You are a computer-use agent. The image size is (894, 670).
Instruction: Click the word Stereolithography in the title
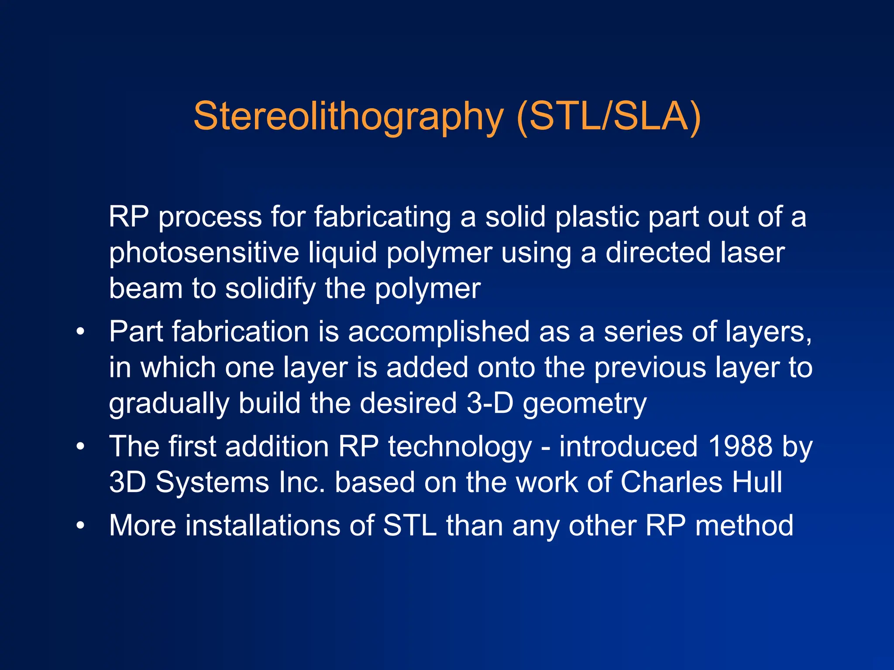[x=348, y=116]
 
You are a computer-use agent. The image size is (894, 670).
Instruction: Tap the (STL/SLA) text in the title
[x=608, y=116]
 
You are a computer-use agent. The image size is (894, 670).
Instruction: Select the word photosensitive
[x=203, y=253]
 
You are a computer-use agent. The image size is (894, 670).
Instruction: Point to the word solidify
[x=270, y=289]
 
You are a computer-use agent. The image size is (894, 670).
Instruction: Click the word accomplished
[x=439, y=332]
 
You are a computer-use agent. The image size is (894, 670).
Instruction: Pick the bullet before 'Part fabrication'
[x=80, y=332]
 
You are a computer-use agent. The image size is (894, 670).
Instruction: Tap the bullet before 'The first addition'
[x=80, y=447]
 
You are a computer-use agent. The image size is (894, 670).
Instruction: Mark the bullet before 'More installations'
[x=80, y=525]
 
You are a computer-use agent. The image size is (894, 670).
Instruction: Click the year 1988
[x=740, y=446]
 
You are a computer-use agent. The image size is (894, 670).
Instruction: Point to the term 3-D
[x=490, y=403]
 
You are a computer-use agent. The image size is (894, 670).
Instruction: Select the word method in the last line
[x=744, y=525]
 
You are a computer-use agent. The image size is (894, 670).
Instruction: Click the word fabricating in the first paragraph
[x=382, y=217]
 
